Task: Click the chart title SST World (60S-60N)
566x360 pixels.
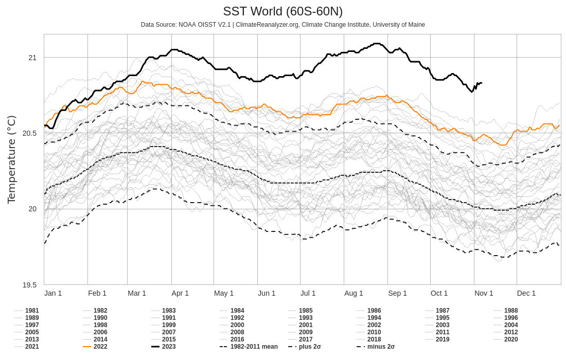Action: point(282,11)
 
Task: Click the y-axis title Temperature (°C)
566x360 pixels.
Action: point(11,159)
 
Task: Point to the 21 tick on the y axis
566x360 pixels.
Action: point(32,58)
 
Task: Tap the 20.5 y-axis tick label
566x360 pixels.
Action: point(29,133)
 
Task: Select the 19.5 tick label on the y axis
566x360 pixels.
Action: point(29,285)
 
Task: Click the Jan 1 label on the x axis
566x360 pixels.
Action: point(53,293)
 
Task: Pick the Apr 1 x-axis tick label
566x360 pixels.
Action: point(180,293)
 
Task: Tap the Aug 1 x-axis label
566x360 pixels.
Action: point(353,293)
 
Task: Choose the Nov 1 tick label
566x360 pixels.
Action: point(484,293)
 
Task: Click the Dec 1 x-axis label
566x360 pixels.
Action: point(526,293)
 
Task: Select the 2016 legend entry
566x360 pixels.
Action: point(237,339)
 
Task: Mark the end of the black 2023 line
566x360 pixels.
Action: point(481,83)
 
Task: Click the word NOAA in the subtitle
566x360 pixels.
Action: point(188,25)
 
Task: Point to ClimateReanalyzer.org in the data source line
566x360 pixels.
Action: point(267,25)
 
